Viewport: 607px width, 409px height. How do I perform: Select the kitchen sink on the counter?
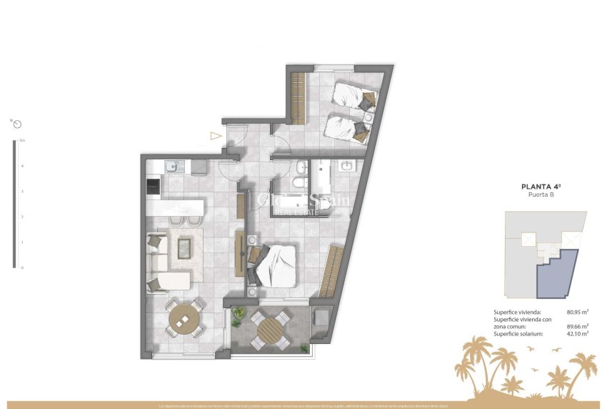coord(171,167)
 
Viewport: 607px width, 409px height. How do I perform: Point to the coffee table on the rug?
coord(184,247)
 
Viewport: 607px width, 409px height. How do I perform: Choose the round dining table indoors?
coord(185,317)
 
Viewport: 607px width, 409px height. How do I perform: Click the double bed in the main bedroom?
coord(274,264)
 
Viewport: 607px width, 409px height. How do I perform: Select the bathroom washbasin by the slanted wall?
coord(348,167)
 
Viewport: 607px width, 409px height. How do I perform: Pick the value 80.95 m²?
coord(576,312)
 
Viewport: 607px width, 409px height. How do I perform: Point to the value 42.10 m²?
coord(576,333)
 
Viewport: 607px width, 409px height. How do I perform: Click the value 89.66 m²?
coord(576,326)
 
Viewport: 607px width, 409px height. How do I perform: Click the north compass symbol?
coord(17,124)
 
